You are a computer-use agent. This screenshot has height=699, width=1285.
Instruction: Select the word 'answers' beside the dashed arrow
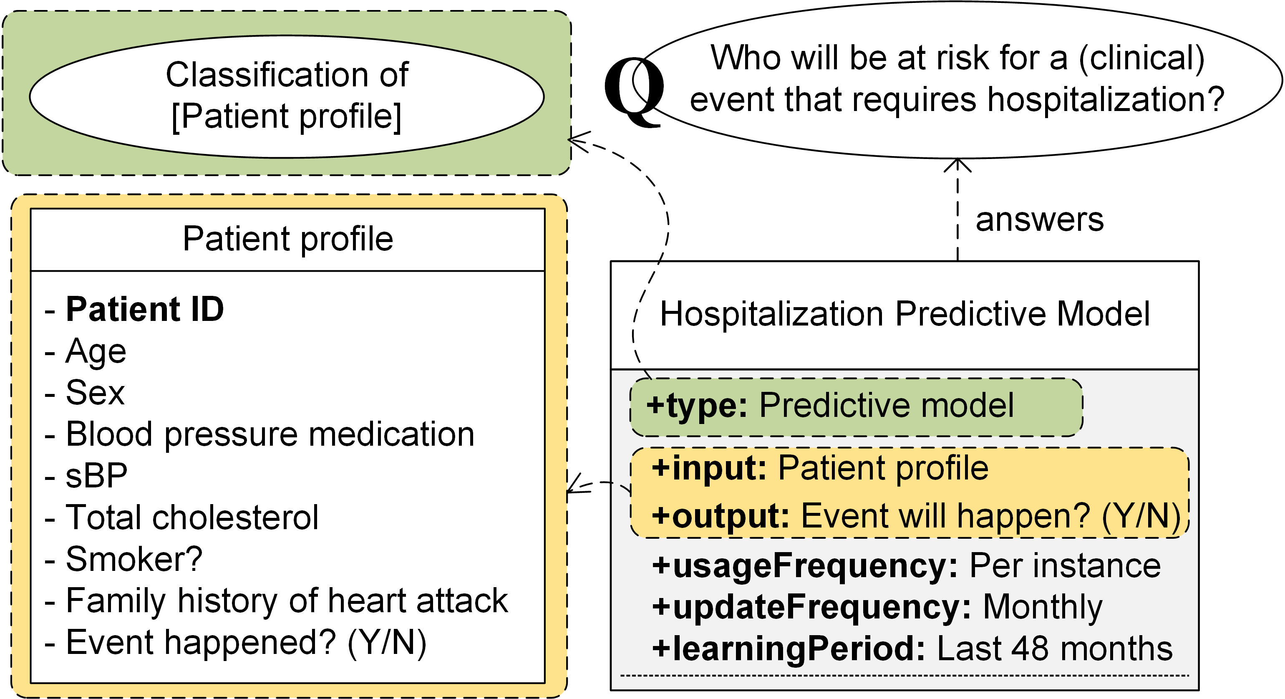(x=1039, y=220)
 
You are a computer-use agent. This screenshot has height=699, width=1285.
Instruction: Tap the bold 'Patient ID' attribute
(x=145, y=309)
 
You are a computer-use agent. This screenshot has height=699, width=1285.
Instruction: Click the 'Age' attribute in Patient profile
(x=96, y=351)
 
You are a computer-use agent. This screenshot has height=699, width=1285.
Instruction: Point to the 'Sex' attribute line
(x=95, y=393)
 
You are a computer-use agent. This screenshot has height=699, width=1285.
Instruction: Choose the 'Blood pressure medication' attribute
(x=270, y=434)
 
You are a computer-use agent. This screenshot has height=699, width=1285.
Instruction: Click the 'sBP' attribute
(x=96, y=475)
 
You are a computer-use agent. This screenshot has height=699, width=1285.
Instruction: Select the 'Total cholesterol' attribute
(x=192, y=517)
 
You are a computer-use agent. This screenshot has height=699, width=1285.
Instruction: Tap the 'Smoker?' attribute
(x=134, y=559)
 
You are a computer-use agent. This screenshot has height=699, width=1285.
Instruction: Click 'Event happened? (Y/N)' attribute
(x=246, y=643)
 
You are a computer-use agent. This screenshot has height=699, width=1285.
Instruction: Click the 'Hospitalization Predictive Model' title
(x=905, y=314)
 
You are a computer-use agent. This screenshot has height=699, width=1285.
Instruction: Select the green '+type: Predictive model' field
(x=856, y=406)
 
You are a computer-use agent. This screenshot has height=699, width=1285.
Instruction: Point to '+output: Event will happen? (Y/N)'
(x=915, y=515)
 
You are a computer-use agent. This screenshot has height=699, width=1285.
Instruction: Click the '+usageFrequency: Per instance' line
(x=906, y=566)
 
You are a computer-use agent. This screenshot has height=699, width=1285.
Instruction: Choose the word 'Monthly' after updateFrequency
(x=1043, y=607)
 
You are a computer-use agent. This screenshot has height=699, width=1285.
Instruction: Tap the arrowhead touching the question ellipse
(x=957, y=164)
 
